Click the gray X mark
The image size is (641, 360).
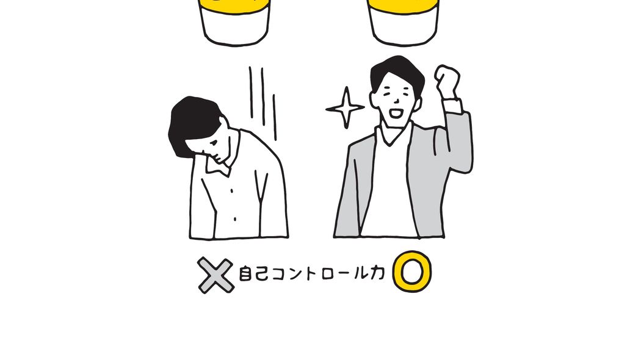(215, 275)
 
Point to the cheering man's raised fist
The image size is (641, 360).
(447, 80)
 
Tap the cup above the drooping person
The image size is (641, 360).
(235, 21)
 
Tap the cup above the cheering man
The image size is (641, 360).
(403, 21)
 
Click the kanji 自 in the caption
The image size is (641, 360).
(243, 276)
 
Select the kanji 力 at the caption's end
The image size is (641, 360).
(377, 275)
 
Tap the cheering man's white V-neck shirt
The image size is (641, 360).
(391, 189)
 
